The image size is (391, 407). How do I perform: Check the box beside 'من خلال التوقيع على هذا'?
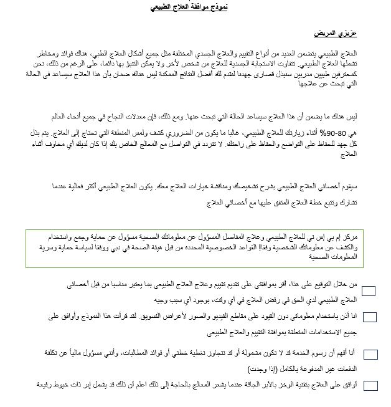click(369, 290)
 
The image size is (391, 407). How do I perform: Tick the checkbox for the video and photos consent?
click(369, 317)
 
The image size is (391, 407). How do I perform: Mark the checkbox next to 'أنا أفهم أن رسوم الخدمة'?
click(369, 354)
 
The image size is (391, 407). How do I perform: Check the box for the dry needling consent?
click(369, 385)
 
